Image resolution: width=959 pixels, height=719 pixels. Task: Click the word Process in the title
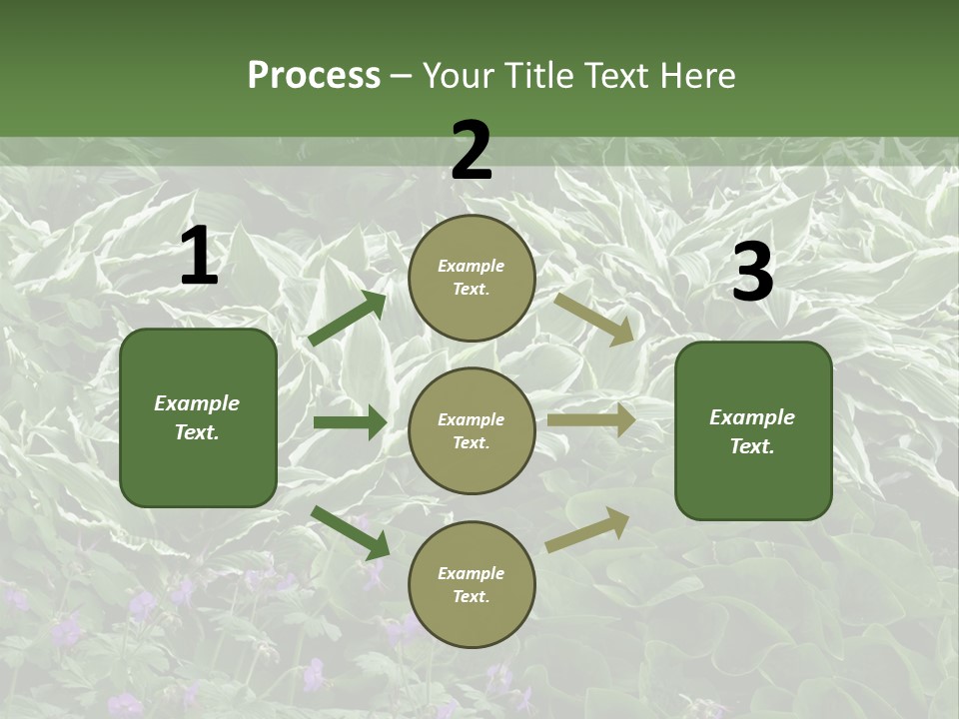click(x=314, y=76)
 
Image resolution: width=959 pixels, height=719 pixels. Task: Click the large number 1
click(x=199, y=257)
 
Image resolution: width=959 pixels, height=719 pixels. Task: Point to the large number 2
click(x=472, y=151)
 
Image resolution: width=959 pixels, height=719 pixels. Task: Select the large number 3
click(x=752, y=273)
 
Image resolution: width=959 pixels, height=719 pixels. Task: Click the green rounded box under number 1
click(x=198, y=417)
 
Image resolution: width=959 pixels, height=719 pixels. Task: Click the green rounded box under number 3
click(x=753, y=431)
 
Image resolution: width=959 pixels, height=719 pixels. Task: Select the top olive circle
click(x=472, y=278)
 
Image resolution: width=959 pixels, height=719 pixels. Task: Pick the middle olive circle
click(x=472, y=431)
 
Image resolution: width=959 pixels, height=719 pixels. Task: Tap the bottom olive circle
click(x=472, y=585)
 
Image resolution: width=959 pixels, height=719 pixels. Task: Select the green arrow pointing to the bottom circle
click(x=350, y=531)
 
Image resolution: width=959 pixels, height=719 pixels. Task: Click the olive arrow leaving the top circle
click(x=594, y=319)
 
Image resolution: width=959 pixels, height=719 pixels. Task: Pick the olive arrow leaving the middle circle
click(x=591, y=420)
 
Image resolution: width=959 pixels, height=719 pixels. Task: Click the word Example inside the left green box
click(x=197, y=403)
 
